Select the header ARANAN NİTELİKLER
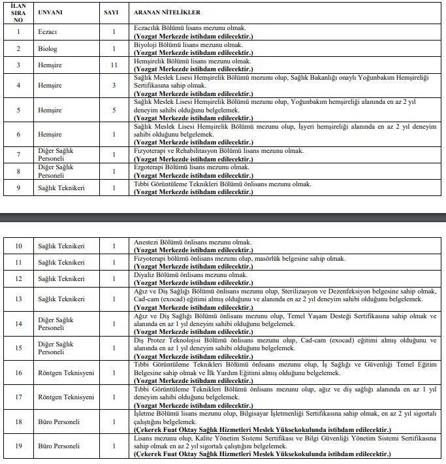[167, 12]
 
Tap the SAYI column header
[113, 12]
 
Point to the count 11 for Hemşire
[113, 65]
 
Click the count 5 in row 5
[113, 111]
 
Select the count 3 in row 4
[113, 86]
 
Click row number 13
[20, 299]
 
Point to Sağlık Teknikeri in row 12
[62, 279]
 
